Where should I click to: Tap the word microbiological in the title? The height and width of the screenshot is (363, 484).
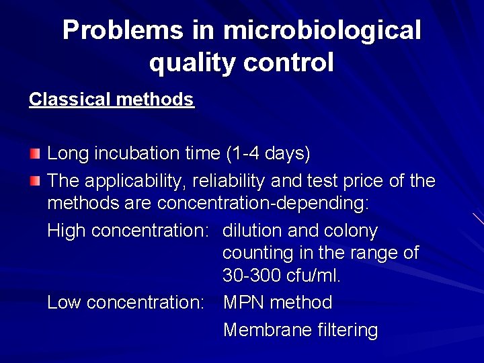(322, 32)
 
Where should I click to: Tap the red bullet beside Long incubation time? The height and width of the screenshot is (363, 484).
(35, 154)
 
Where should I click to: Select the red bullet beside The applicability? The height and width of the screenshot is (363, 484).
(35, 181)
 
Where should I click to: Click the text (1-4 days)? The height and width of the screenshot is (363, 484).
(268, 154)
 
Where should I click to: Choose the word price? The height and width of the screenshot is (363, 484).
(372, 182)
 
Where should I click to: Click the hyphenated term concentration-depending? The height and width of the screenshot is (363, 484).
(263, 204)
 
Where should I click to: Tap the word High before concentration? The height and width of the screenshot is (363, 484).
(67, 231)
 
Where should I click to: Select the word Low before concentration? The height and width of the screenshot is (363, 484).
(65, 302)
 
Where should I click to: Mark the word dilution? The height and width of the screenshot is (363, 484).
(252, 231)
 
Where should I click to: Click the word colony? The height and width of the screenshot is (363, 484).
(350, 231)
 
